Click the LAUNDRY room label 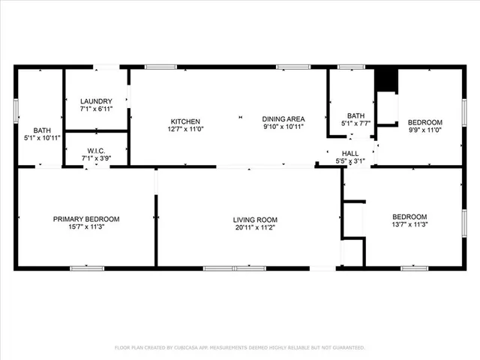pos(96,101)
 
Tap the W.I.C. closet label pos(96,148)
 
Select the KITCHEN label pos(185,121)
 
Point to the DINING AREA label pos(283,119)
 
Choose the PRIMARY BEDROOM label pos(85,219)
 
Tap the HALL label pos(350,152)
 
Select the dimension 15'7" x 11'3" pos(85,227)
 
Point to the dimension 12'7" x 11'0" pos(185,129)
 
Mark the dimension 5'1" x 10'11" pos(42,138)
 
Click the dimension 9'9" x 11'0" pos(424,130)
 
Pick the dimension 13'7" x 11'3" pos(409,224)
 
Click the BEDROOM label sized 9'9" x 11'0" pos(424,122)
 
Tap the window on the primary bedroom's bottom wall pos(87,268)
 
